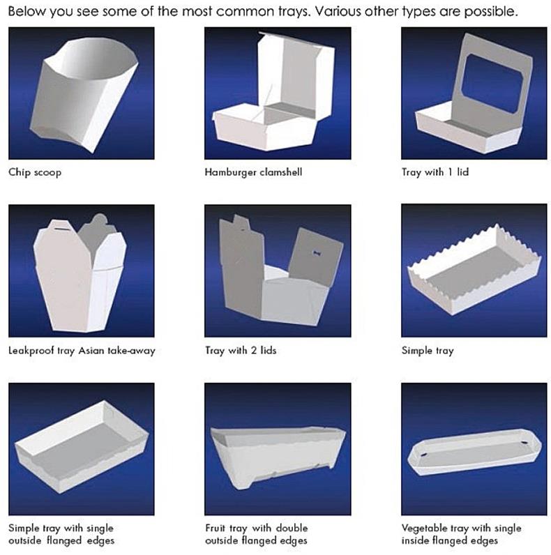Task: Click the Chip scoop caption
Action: (x=35, y=172)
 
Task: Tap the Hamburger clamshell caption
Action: (x=254, y=172)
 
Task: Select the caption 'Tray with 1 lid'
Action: (x=435, y=172)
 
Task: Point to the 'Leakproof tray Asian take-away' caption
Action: (x=82, y=351)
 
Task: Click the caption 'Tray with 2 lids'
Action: (x=241, y=351)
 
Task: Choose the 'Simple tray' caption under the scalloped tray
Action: (x=428, y=351)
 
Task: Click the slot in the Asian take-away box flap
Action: (x=61, y=229)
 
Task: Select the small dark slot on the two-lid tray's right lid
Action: (x=316, y=252)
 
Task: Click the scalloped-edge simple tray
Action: (x=474, y=270)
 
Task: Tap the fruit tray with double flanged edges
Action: (x=278, y=457)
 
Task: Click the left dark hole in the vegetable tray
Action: (x=423, y=454)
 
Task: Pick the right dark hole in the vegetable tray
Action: (x=524, y=443)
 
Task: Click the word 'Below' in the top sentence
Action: (x=27, y=11)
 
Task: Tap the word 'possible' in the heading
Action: (x=491, y=12)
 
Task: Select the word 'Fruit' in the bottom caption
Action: (x=214, y=528)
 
